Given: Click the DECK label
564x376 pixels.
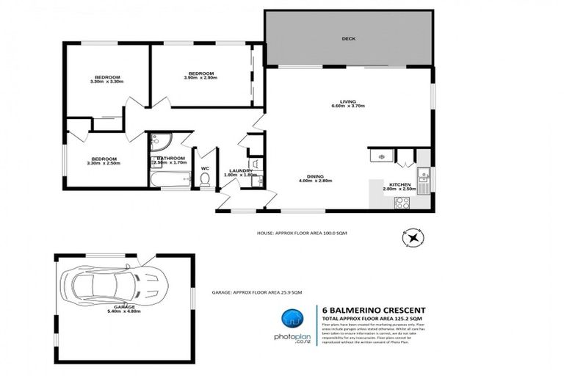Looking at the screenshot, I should tap(348, 38).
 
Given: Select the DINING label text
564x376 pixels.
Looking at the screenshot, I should tap(316, 176).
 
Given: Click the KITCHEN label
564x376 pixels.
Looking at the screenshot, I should tap(399, 184).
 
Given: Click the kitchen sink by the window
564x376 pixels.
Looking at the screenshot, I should tap(424, 176).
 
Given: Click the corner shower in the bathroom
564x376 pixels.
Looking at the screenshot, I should tap(159, 142).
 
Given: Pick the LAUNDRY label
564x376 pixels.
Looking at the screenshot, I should tap(241, 170).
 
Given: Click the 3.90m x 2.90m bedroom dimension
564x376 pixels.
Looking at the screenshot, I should tap(200, 79).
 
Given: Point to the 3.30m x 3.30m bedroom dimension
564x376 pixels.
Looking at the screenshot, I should tap(106, 82).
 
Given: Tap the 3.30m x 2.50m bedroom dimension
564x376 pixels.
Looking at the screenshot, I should tap(104, 163).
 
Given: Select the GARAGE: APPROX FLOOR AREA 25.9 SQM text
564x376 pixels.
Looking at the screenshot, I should tap(257, 292).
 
